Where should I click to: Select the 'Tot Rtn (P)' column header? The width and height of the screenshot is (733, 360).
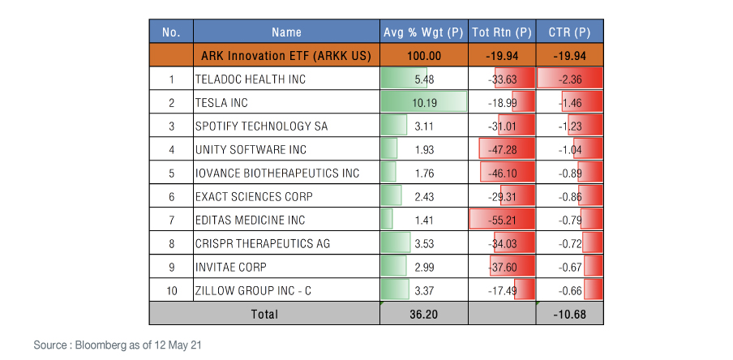501,32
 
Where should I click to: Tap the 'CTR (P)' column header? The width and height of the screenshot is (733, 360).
569,32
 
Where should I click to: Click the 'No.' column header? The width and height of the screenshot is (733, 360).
170,32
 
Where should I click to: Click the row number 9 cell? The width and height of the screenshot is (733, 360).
171,267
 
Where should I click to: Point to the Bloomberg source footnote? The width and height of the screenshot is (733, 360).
118,345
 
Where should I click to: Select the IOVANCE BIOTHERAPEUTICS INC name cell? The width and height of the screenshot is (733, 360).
276,173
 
